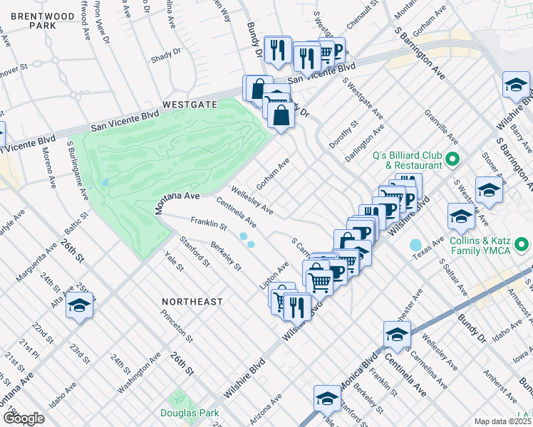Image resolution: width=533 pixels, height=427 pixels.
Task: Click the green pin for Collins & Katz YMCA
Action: point(522,246)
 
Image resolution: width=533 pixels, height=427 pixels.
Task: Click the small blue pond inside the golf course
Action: point(105,182)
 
